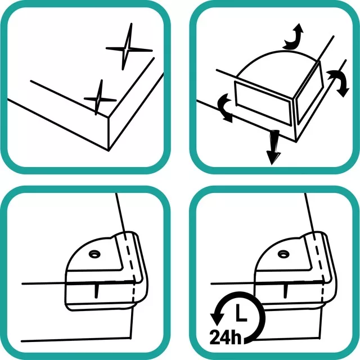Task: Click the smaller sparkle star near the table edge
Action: pyautogui.click(x=100, y=99)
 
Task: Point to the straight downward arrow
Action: pyautogui.click(x=273, y=147)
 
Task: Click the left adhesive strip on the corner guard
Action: pyautogui.click(x=263, y=103)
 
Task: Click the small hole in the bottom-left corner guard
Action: pyautogui.click(x=94, y=254)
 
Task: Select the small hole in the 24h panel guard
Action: pyautogui.click(x=283, y=254)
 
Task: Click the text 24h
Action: pyautogui.click(x=226, y=337)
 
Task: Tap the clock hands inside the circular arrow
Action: pyautogui.click(x=240, y=312)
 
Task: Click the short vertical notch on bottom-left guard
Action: pyautogui.click(x=97, y=291)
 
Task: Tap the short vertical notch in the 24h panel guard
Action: pyautogui.click(x=286, y=291)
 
